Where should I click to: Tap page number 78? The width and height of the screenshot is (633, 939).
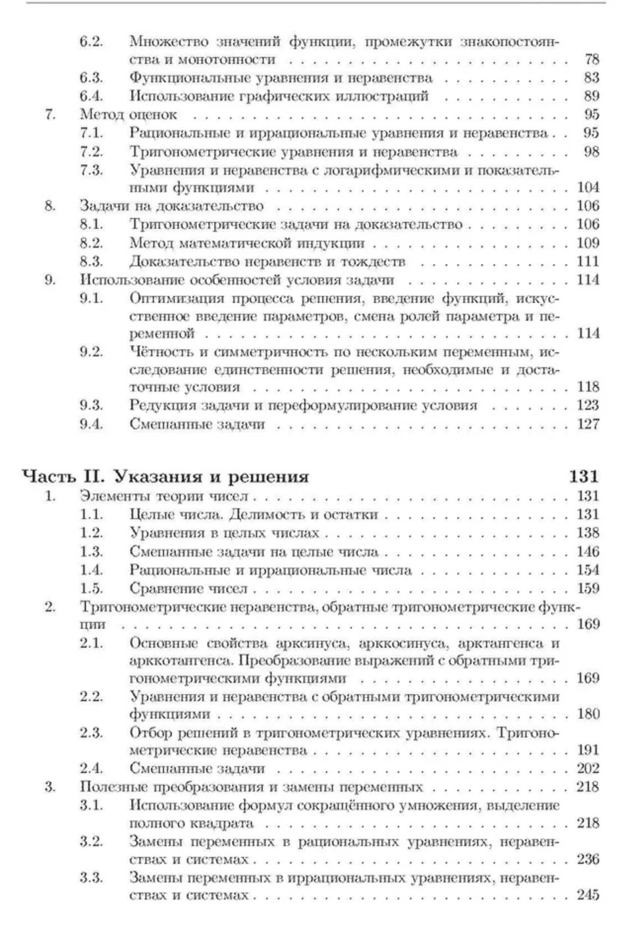pos(591,60)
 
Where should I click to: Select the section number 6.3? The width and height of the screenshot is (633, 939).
pos(92,78)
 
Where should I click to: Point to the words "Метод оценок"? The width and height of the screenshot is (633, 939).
pos(128,115)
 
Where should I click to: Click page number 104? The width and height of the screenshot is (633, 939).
pos(588,188)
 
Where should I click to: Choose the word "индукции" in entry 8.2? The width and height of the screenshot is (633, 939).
pos(336,243)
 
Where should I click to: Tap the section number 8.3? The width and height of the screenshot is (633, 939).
pos(92,261)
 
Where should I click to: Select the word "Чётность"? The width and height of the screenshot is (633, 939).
pos(159,352)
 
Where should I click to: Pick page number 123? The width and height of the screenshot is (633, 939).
pos(588,405)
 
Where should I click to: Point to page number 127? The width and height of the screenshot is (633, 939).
pos(588,423)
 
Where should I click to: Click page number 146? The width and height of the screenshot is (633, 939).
pos(588,552)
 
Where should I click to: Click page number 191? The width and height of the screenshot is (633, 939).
pos(588,750)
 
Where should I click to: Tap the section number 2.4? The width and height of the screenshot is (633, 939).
pos(92,768)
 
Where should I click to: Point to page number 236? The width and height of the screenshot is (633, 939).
pos(588,859)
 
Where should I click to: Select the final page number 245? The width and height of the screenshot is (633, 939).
pos(588,895)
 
